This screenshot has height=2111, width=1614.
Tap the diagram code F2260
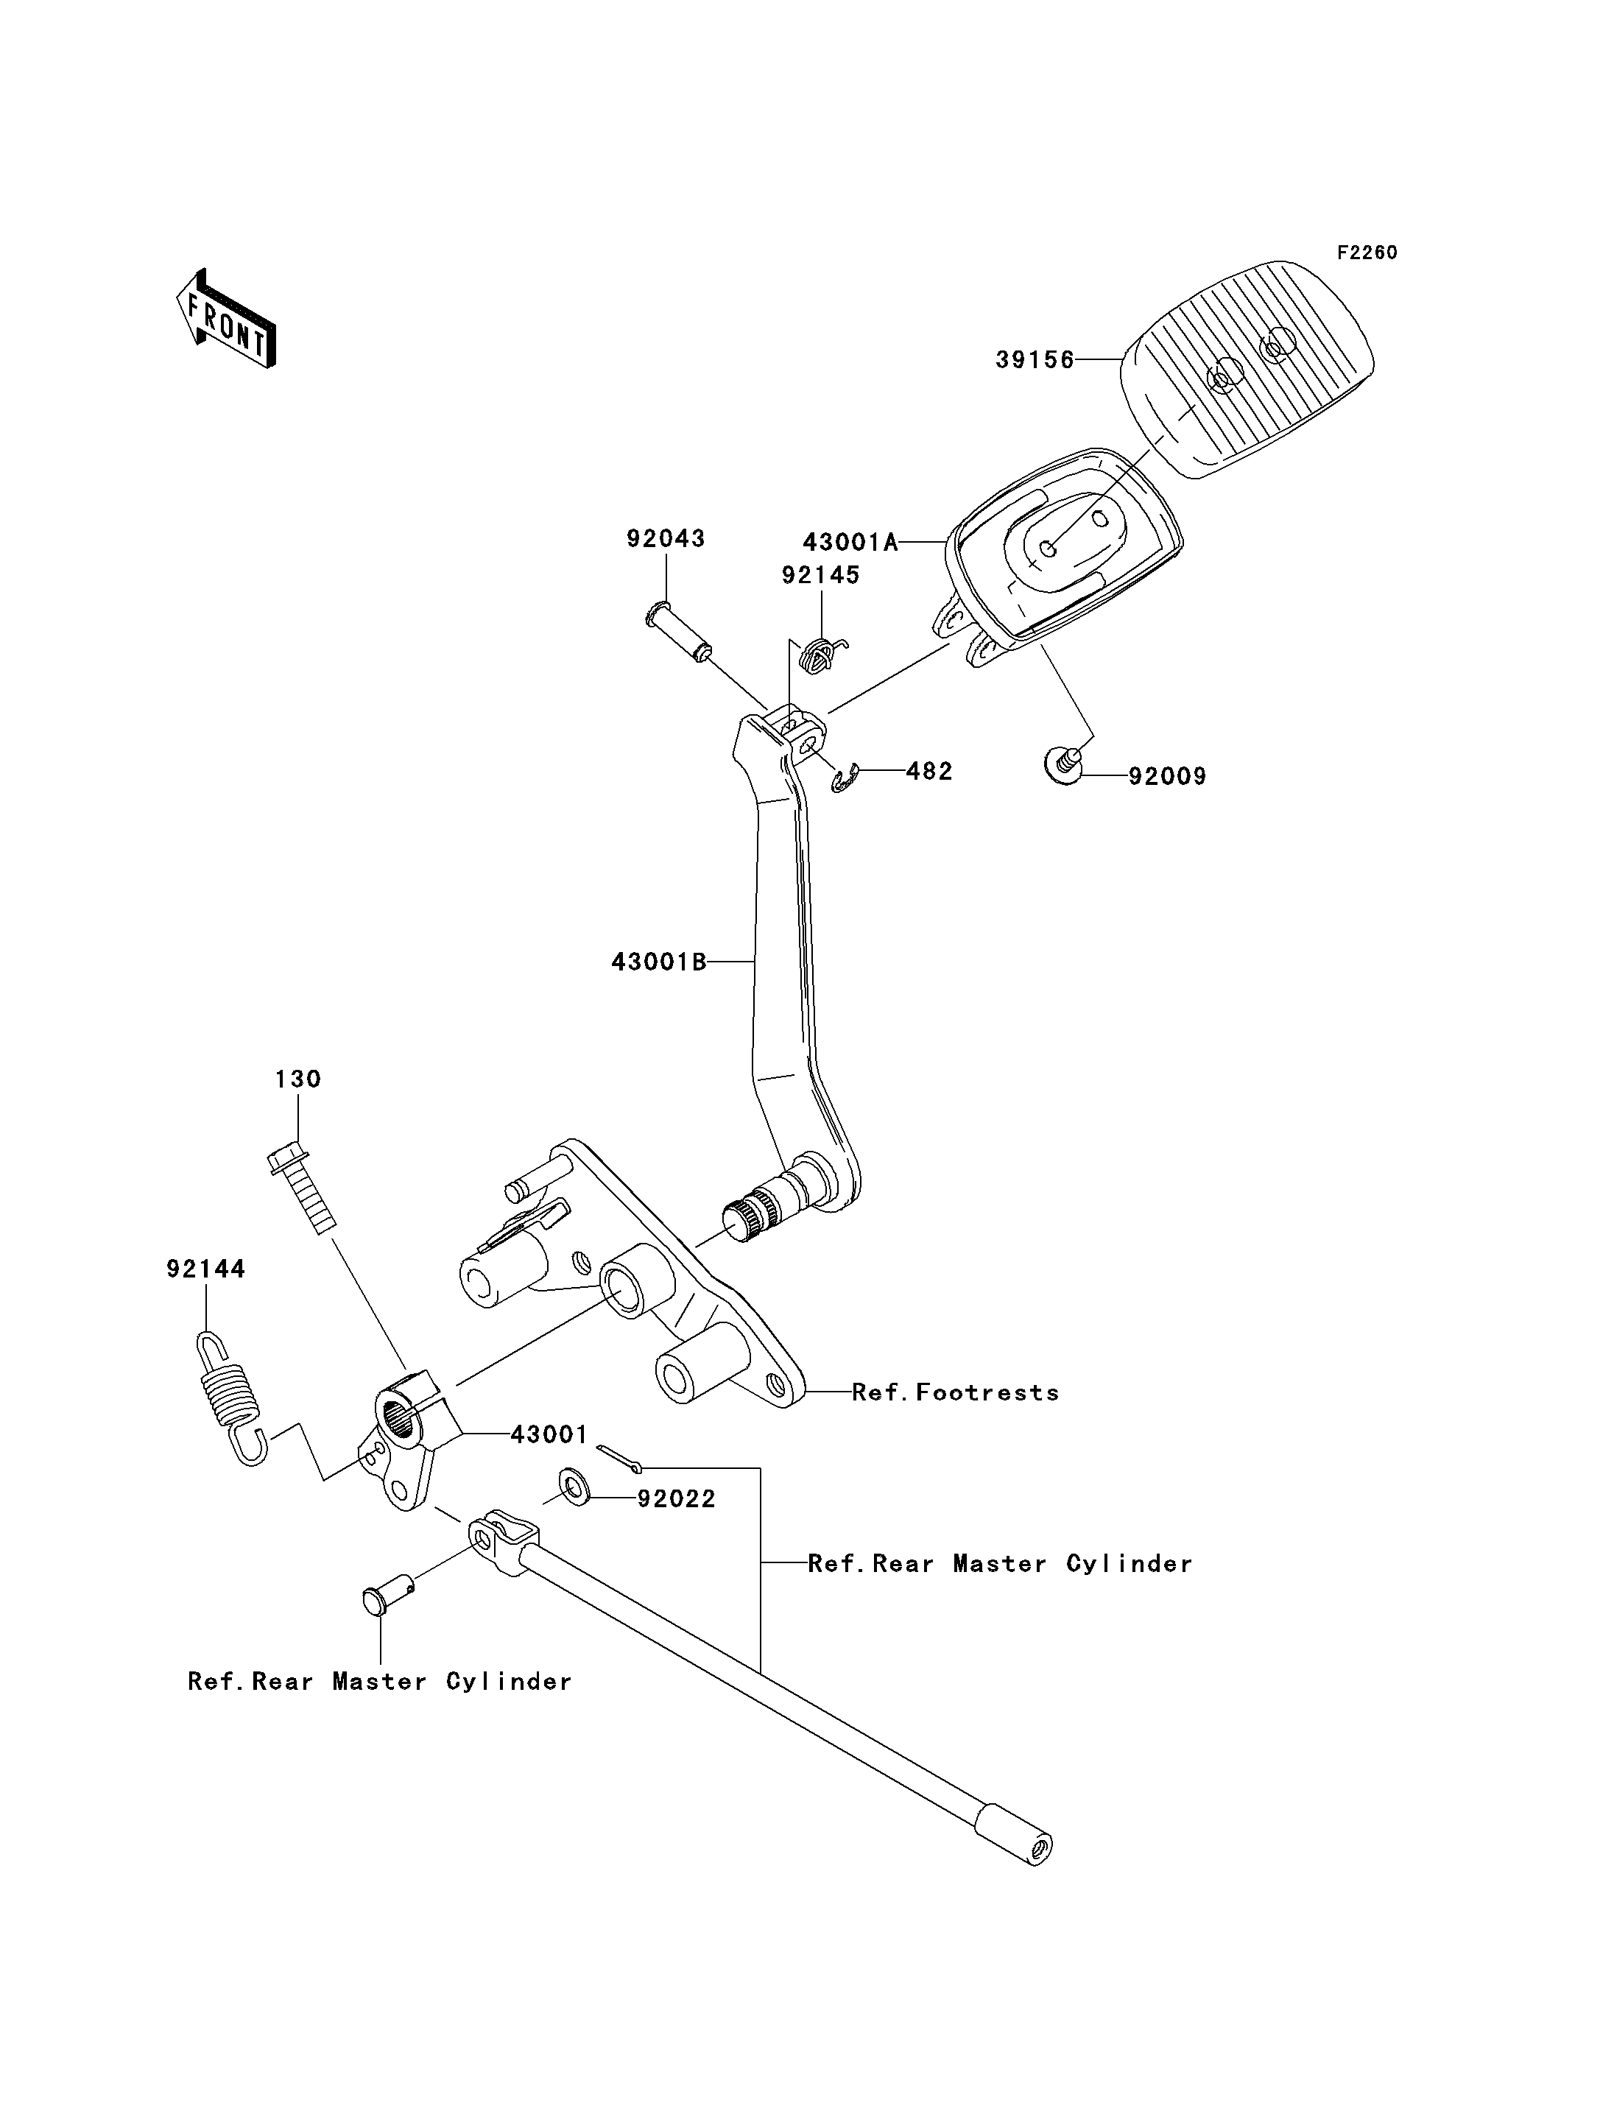pos(1367,253)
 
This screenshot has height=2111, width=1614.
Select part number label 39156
pos(1035,360)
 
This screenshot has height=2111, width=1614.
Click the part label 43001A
pos(850,543)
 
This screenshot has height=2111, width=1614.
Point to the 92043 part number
pos(666,539)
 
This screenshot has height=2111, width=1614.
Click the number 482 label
pos(929,772)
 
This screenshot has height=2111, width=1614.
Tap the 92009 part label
pos(1167,776)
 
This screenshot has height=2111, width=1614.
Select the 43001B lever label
pos(659,962)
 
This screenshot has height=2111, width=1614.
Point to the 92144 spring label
pos(205,1269)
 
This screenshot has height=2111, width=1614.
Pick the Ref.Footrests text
pos(956,1392)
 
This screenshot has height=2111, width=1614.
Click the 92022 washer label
pos(677,1499)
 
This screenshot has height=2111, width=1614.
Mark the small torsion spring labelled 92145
pos(823,655)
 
